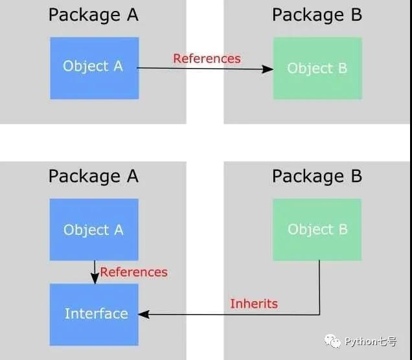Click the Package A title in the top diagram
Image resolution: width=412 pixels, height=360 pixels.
point(93,15)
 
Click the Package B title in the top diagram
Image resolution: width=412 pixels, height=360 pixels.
point(317,15)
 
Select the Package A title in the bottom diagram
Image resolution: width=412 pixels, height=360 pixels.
point(93,176)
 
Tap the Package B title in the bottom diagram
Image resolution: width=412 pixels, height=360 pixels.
point(317,176)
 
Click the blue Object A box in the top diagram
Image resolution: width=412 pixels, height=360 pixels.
point(95,68)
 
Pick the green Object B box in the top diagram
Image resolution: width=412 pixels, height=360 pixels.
point(317,68)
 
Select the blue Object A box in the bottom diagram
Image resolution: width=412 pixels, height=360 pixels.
point(94,229)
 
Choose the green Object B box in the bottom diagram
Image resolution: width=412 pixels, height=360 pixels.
point(317,229)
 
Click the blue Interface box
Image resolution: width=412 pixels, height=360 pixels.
point(94,315)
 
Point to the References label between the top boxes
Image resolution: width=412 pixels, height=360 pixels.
point(207,58)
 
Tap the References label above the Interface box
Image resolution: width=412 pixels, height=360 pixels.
point(133,272)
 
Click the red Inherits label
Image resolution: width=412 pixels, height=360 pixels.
point(254,304)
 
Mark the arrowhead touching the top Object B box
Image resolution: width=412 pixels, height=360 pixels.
point(268,69)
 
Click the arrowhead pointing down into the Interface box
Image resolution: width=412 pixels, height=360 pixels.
point(95,278)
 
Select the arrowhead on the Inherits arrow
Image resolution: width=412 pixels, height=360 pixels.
point(144,314)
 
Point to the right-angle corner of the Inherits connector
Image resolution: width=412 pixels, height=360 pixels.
point(319,314)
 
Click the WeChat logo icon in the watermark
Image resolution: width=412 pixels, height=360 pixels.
point(332,341)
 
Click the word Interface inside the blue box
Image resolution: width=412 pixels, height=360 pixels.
point(97,314)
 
